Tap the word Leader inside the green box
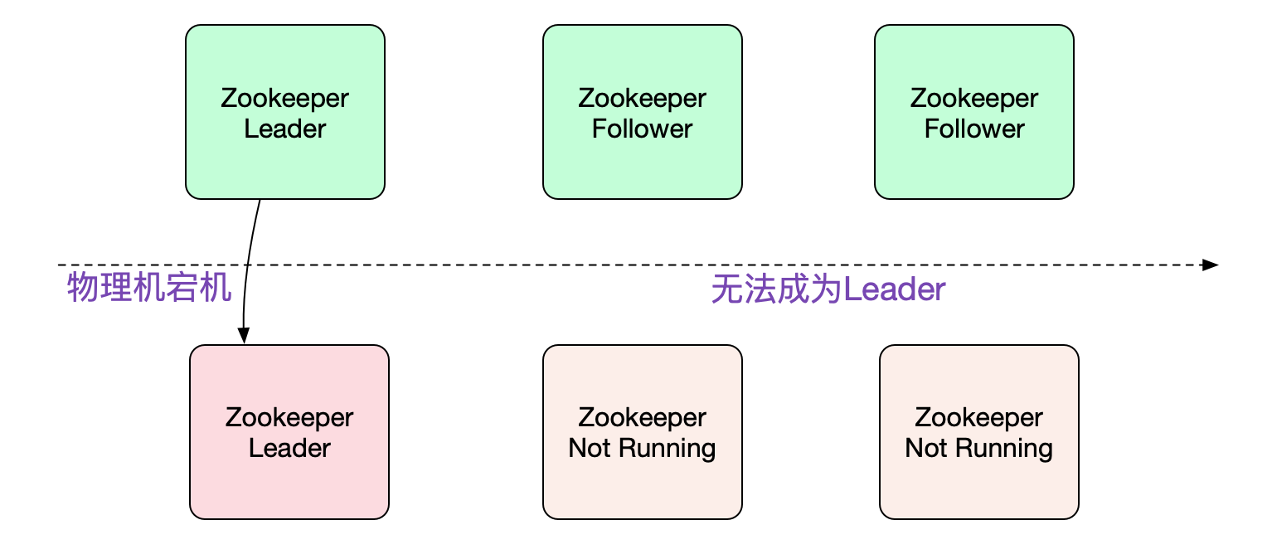point(284,129)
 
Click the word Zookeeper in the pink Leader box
point(289,417)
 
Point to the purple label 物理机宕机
point(148,289)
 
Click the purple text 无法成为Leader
point(828,290)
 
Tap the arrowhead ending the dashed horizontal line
point(1211,265)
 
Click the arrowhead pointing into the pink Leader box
point(243,335)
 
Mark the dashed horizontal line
point(663,265)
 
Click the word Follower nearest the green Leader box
point(642,129)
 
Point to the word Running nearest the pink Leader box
point(667,449)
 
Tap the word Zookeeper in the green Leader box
point(284,98)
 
